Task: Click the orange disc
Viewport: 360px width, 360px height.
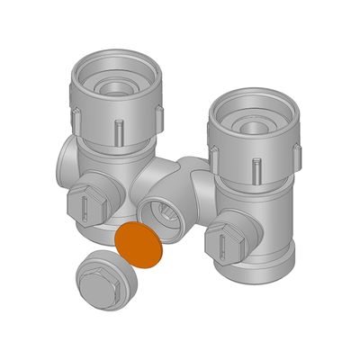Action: click(x=141, y=244)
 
